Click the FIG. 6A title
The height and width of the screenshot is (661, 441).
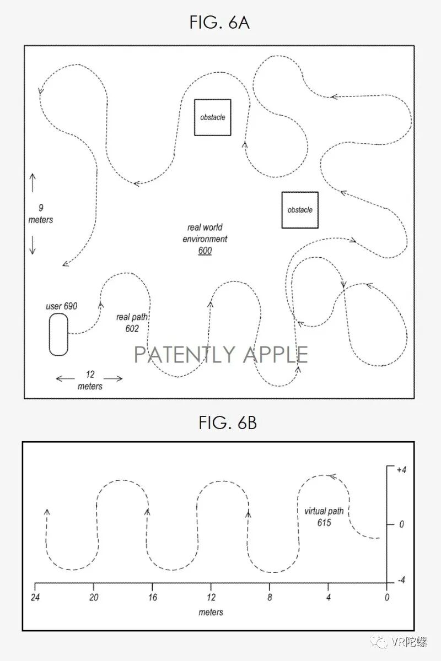coord(219,23)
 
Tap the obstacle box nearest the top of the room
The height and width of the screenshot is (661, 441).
coord(212,117)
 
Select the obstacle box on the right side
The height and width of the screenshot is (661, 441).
coord(300,210)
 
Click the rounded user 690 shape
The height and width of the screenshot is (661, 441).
coord(58,334)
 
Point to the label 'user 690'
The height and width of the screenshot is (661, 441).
coord(61,306)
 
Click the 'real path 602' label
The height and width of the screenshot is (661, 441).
coord(131,323)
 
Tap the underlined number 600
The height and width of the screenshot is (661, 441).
coord(205,251)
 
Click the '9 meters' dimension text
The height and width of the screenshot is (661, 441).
coord(41,214)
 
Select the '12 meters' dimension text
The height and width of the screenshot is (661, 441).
coord(90,380)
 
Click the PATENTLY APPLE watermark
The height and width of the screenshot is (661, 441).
coord(221,355)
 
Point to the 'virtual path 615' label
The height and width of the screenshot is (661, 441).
coord(324,517)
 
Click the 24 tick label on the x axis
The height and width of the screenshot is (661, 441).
coord(35,597)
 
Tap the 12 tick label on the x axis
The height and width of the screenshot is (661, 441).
coord(211,597)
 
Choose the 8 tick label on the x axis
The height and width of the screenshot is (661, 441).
coord(269,597)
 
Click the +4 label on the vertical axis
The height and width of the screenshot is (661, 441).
coord(400,470)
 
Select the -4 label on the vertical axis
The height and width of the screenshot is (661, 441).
coord(400,581)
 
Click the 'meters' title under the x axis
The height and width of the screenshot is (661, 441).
coord(211,612)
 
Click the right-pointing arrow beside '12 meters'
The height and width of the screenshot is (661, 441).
coord(114,378)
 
